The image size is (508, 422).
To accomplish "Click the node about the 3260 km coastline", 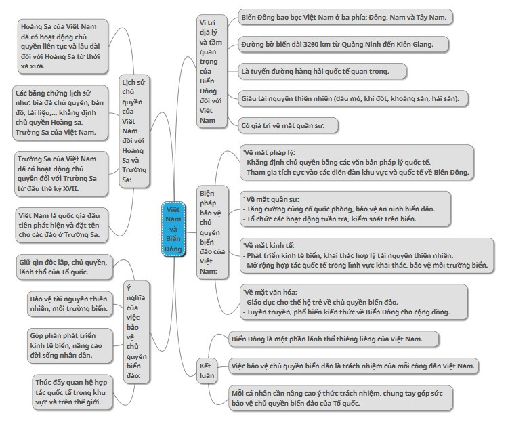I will pyautogui.click(x=335, y=45).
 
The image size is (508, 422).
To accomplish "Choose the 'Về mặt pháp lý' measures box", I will pyautogui.click(x=356, y=163).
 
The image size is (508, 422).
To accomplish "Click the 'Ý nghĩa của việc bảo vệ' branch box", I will pyautogui.click(x=136, y=330).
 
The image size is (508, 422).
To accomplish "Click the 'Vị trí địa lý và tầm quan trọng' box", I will pyautogui.click(x=207, y=68).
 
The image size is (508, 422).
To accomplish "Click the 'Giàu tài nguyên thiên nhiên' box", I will pyautogui.click(x=350, y=98).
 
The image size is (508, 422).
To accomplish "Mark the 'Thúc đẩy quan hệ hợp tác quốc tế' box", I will pyautogui.click(x=71, y=392).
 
